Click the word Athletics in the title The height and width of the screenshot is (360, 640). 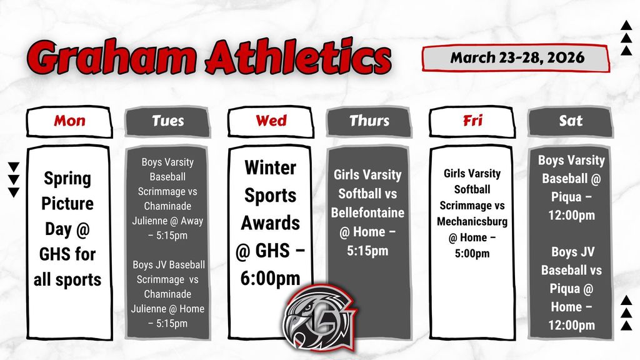point(298,56)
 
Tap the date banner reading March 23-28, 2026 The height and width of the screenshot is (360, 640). point(516,57)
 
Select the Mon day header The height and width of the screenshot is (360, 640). point(69,121)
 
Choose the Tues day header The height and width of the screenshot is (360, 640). point(167,121)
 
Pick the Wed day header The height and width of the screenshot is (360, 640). point(271,121)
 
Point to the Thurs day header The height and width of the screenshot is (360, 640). point(369,121)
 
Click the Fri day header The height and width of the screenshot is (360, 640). point(472,121)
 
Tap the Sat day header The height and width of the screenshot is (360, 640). point(571,121)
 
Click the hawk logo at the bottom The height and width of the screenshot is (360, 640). point(319,317)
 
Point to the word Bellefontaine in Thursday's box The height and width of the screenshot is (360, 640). point(367,212)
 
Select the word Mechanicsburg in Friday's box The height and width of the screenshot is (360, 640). point(472,222)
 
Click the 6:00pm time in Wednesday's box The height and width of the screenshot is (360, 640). point(270,279)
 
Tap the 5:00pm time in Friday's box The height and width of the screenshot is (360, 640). point(472,254)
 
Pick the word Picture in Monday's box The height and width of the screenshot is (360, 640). point(67,203)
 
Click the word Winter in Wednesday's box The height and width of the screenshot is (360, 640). point(270,167)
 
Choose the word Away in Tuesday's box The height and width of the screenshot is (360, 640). point(192,221)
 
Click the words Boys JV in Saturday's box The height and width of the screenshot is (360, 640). point(572,252)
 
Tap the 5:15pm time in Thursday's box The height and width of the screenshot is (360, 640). point(367,251)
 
